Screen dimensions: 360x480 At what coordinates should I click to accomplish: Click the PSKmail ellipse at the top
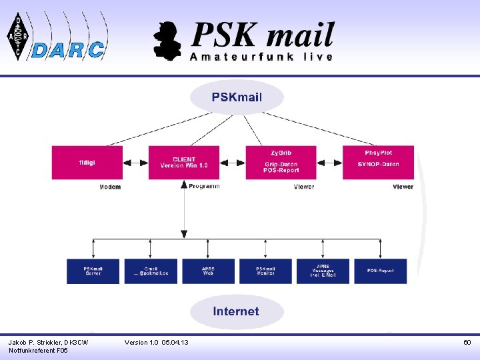237,97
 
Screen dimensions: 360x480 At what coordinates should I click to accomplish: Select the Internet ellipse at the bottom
236,311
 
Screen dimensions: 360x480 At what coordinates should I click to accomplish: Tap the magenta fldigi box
87,162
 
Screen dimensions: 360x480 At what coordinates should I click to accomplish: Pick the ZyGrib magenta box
280,162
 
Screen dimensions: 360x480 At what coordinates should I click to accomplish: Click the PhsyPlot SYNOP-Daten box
378,162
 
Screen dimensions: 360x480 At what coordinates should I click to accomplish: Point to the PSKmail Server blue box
93,271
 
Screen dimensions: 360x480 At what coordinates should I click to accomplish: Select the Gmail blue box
151,271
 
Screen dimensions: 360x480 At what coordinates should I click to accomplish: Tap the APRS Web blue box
208,271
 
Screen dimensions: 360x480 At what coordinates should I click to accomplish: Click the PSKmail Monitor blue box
265,271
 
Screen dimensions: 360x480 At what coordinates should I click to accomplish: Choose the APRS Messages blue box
323,271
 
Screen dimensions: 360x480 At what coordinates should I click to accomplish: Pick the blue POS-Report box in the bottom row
380,271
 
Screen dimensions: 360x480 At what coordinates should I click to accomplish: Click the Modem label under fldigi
110,187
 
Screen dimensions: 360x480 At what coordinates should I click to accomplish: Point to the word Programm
204,186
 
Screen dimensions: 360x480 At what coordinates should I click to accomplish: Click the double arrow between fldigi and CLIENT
136,162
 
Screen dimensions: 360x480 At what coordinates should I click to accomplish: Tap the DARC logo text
68,49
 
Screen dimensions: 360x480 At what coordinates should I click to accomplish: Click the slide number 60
467,342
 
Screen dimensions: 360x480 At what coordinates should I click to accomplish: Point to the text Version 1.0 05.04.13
156,342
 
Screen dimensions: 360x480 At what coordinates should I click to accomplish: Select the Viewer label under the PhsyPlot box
403,187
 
